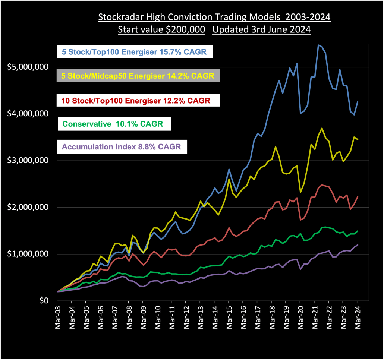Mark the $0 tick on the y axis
[x=42, y=301]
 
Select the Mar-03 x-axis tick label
[x=58, y=317]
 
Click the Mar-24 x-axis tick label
[x=357, y=317]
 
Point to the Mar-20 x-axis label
[x=300, y=317]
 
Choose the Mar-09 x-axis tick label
[x=143, y=317]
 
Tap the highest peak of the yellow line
[x=322, y=128]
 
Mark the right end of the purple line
[x=358, y=245]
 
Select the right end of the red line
[x=358, y=197]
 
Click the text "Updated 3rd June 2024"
[x=261, y=30]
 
